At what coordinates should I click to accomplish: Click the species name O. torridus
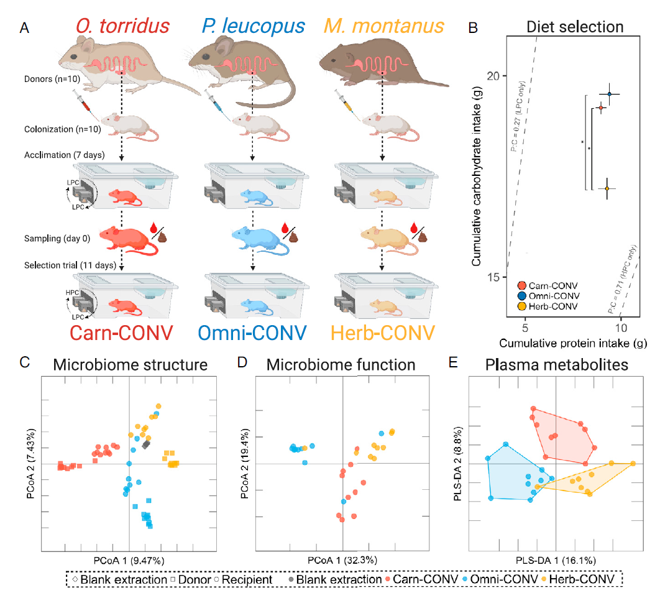pos(122,25)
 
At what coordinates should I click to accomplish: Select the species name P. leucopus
pos(253,25)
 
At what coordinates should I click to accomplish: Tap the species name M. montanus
pos(384,25)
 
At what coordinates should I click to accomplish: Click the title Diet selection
pos(575,27)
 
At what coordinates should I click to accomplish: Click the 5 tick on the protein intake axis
pos(525,328)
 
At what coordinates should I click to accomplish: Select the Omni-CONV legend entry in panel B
pos(549,296)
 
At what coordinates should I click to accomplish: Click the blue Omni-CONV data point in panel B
pos(609,94)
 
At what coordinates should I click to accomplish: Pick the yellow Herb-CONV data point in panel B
pos(607,189)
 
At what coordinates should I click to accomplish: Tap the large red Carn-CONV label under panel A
pos(121,333)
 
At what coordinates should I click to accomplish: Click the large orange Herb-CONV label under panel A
pos(383,333)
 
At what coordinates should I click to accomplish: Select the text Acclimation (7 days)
pos(65,155)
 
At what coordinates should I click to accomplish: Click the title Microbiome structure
pos(131,365)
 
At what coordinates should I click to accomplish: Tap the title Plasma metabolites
pos(556,365)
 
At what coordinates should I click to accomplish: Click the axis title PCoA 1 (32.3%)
pos(342,560)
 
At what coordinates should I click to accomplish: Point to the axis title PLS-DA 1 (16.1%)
pos(556,561)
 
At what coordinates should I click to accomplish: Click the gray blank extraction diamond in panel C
pos(146,444)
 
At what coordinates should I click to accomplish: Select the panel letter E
pos(453,362)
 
